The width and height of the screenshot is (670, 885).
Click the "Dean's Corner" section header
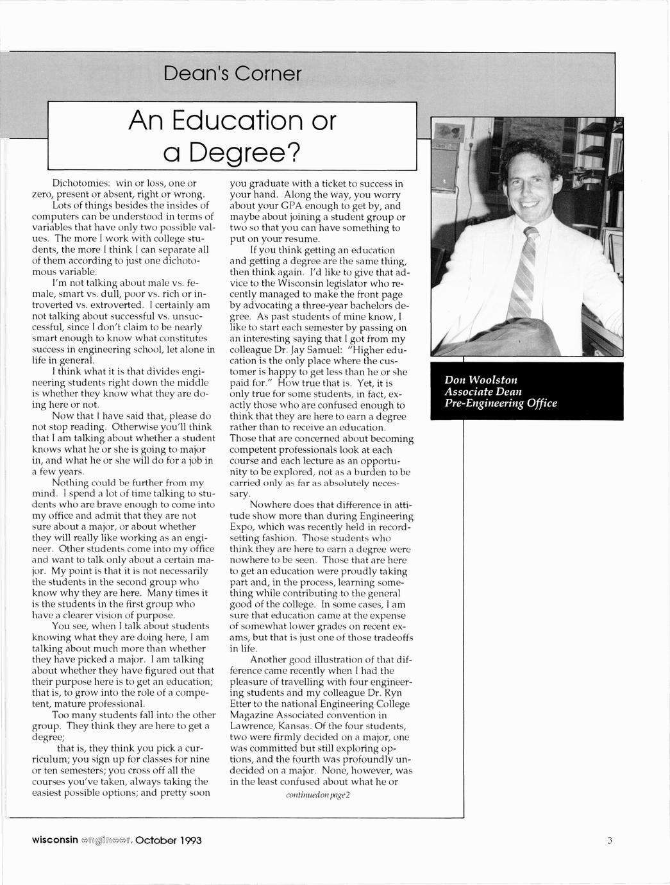click(x=232, y=74)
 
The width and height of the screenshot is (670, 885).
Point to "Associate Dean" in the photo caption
click(x=483, y=391)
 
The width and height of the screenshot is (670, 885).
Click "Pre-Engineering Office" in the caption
click(x=501, y=403)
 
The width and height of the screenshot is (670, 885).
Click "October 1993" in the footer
click(x=169, y=840)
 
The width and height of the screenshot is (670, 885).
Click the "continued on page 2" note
click(x=317, y=795)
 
